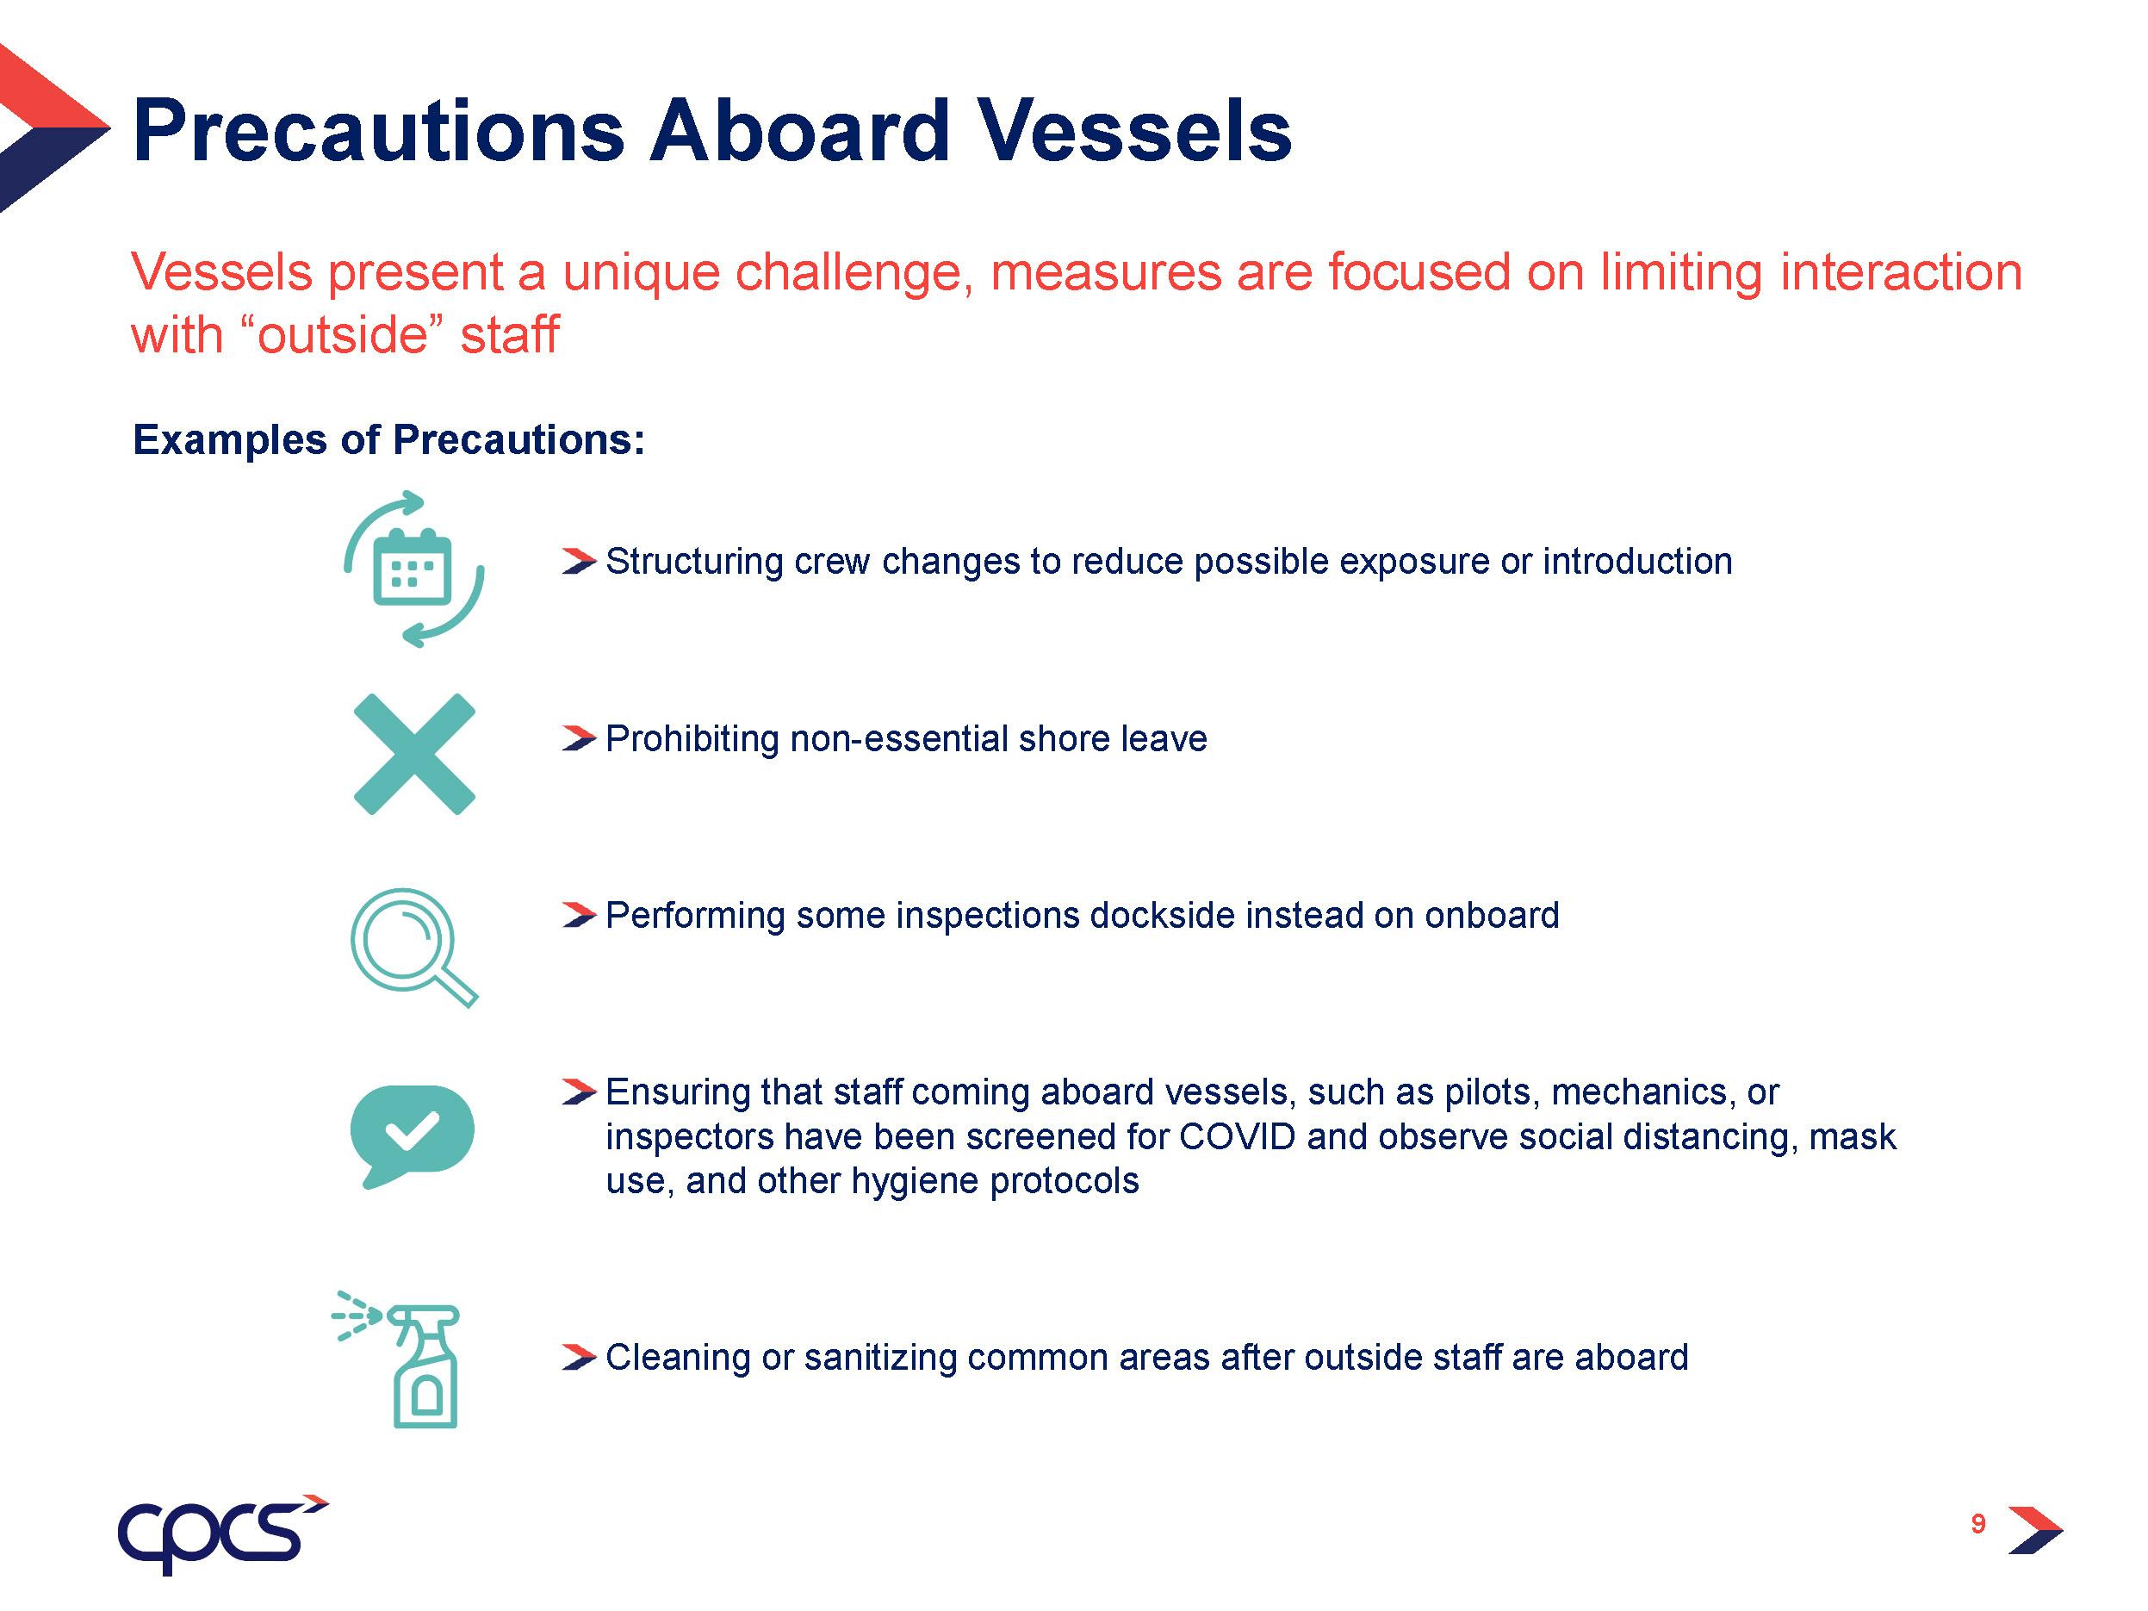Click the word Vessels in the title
1134,130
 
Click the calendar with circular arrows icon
414,569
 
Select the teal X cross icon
414,754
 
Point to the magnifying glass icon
414,947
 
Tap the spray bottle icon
396,1359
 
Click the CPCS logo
222,1533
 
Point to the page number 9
1978,1524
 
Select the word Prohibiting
692,740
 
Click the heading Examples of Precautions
388,440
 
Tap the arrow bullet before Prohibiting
579,739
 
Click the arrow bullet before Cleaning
579,1357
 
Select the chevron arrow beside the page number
2035,1530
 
